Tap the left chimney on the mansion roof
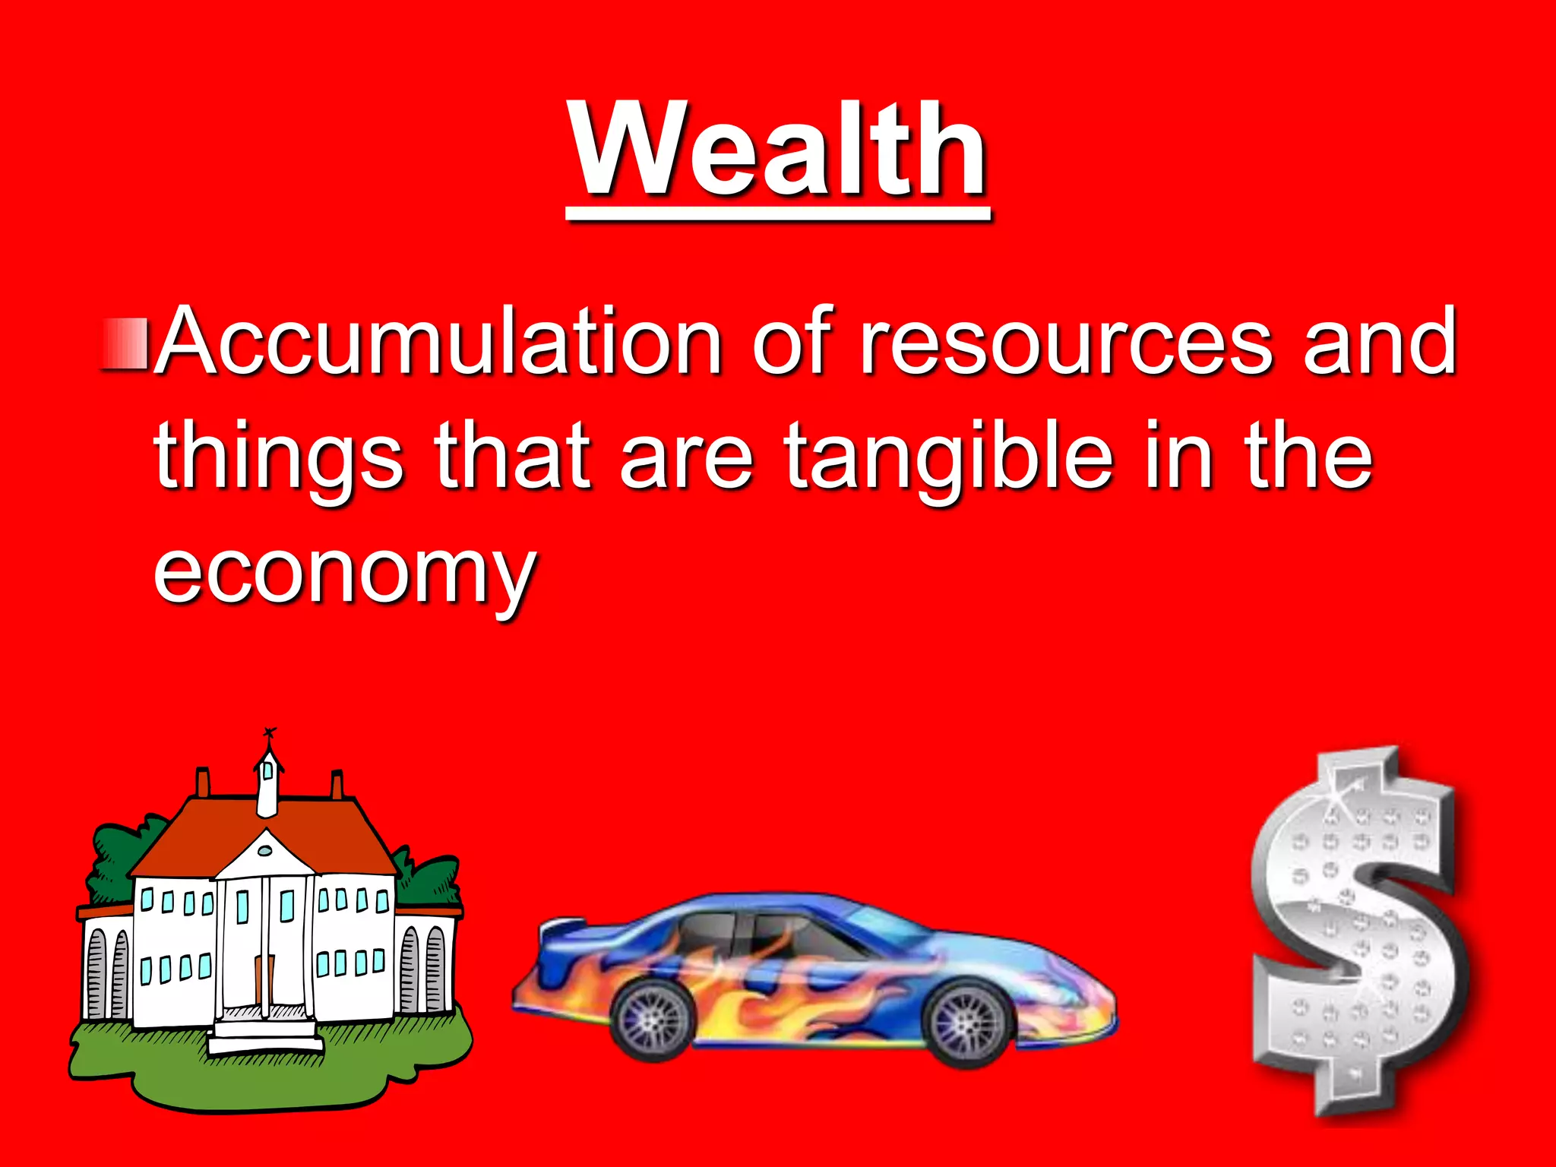(203, 783)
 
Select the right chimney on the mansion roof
(337, 784)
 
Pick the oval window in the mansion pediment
(264, 850)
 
